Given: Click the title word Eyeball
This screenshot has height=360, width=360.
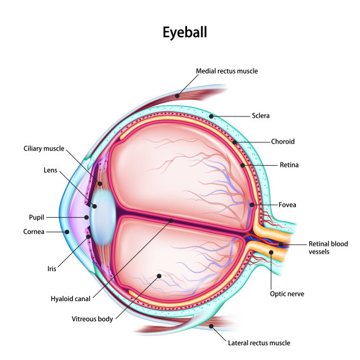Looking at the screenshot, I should [185, 32].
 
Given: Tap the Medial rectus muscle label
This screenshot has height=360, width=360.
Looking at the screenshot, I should [226, 71].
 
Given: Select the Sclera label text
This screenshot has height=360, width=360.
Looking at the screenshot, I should [261, 116].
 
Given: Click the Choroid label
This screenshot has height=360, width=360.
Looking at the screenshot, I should [282, 142].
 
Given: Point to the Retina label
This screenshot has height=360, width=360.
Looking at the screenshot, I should [289, 165].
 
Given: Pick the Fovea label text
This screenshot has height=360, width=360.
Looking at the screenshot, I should [288, 205].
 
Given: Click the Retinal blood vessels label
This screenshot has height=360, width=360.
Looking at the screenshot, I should [328, 248].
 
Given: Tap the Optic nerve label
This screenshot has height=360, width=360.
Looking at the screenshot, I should [286, 293].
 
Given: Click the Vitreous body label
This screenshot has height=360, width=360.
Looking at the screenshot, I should [92, 319].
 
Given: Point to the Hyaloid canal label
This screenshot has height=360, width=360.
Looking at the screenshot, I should [71, 299].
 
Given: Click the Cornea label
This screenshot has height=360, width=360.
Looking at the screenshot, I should [34, 232].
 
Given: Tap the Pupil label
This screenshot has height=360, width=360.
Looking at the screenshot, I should [36, 216].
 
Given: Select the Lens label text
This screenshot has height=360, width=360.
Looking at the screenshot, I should [51, 170].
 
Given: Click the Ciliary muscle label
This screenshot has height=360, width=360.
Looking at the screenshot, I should [44, 149].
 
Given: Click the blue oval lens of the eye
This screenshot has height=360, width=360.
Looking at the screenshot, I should [102, 216].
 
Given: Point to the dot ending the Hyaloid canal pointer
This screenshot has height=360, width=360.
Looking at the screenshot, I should [171, 221].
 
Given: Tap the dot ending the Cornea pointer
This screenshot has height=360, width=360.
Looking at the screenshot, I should [67, 232].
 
